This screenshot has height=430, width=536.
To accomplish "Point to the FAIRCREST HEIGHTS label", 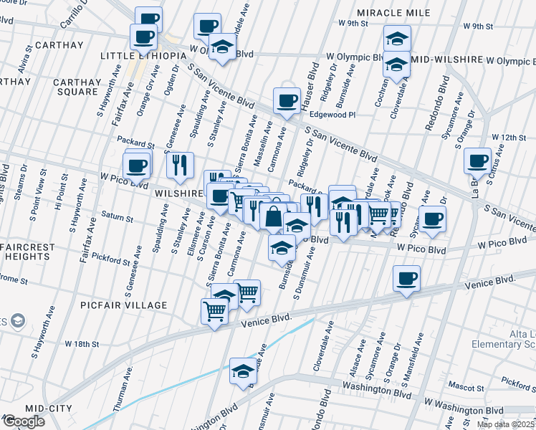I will (x=28, y=252).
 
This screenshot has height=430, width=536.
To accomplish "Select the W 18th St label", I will (x=82, y=344).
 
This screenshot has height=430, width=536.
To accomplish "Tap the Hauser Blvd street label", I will (x=312, y=82).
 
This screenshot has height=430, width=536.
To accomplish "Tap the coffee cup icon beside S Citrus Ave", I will (x=477, y=161).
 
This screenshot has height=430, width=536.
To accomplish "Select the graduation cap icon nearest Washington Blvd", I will (x=243, y=371).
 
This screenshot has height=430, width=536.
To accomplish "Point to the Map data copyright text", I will (x=506, y=424).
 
